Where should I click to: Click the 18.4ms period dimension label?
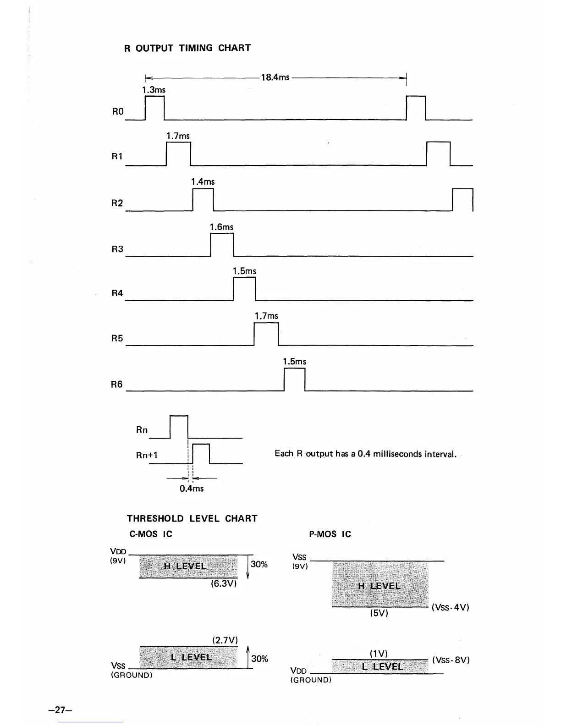click(275, 77)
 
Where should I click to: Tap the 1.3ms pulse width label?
click(154, 90)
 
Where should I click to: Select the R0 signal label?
click(118, 111)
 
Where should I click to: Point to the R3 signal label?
click(117, 249)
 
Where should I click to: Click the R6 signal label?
click(117, 384)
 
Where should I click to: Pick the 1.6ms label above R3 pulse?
click(221, 227)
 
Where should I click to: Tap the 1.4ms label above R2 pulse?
click(203, 182)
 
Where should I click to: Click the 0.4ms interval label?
click(192, 489)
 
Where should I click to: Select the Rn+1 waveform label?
click(147, 455)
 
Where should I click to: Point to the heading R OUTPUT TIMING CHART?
click(187, 48)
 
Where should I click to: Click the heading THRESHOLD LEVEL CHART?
click(192, 518)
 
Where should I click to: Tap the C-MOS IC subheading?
click(151, 534)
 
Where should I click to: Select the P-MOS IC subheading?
click(330, 534)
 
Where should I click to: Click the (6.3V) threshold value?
click(224, 584)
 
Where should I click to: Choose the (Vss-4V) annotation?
click(451, 607)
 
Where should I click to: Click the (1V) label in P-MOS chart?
click(379, 653)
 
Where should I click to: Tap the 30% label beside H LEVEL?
click(259, 564)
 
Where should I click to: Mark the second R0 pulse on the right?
click(416, 108)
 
